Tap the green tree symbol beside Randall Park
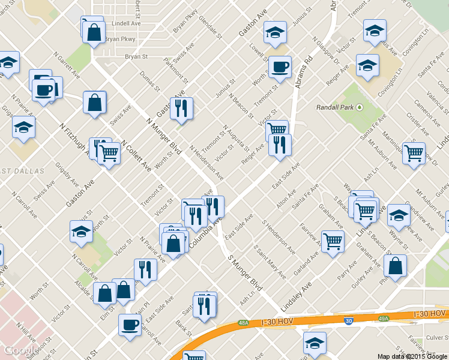pyautogui.click(x=360, y=107)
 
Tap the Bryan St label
pyautogui.click(x=137, y=56)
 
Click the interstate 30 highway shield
pyautogui.click(x=349, y=321)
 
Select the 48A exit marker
pyautogui.click(x=243, y=322)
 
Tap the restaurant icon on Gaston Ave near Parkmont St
pyautogui.click(x=181, y=108)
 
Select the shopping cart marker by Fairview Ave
pyautogui.click(x=333, y=241)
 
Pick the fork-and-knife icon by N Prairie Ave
pyautogui.click(x=145, y=269)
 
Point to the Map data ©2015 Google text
pyautogui.click(x=412, y=356)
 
